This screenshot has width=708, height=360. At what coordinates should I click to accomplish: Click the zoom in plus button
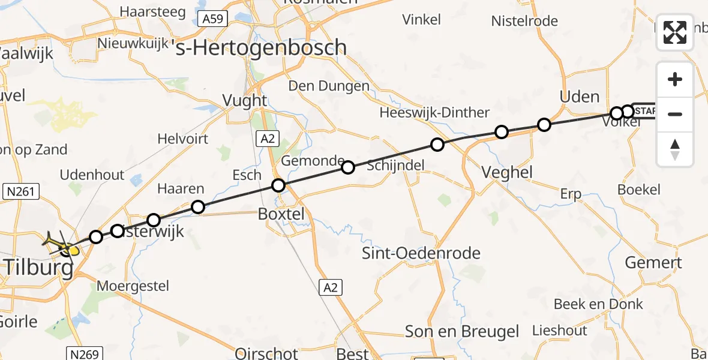click(675, 79)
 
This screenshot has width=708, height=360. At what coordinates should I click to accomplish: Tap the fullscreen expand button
click(675, 32)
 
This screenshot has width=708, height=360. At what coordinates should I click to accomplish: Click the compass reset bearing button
click(675, 149)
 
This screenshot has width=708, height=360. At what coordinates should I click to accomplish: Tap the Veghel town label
click(507, 173)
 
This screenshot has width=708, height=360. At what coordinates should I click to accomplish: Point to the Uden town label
click(579, 97)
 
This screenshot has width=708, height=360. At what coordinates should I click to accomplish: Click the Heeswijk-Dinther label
click(434, 113)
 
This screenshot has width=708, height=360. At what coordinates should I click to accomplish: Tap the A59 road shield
click(212, 19)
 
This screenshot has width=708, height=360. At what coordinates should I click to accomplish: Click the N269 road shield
click(84, 354)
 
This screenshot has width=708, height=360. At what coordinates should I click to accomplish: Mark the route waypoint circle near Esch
click(278, 185)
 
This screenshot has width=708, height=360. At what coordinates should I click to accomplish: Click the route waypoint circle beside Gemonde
click(348, 167)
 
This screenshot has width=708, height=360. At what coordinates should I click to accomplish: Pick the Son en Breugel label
click(462, 332)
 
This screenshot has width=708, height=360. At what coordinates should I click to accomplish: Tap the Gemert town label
click(653, 262)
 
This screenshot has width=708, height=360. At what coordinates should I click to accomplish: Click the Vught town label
click(244, 100)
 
